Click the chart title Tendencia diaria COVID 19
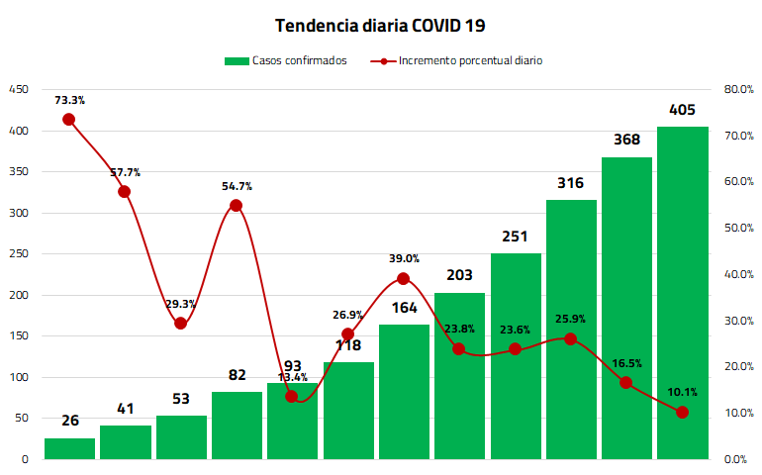coord(380,26)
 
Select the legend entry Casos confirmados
coord(286,60)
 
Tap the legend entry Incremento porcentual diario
coord(456,60)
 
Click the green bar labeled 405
coord(682,293)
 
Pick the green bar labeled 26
coord(69,448)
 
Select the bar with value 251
coord(516,356)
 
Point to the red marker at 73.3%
coord(69,120)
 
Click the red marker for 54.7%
coord(237,206)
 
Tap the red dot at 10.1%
coord(682,413)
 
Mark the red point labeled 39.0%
coord(403,279)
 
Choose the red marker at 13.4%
coord(292,397)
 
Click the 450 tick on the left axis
coord(19,89)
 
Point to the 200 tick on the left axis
coord(19,295)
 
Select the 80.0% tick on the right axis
coord(738,89)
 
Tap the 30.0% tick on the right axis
coord(738,321)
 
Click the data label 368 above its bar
coord(626,140)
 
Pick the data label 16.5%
coord(626,363)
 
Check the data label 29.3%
coord(181,305)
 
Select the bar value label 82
coord(238,375)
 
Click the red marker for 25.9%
coord(571,339)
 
